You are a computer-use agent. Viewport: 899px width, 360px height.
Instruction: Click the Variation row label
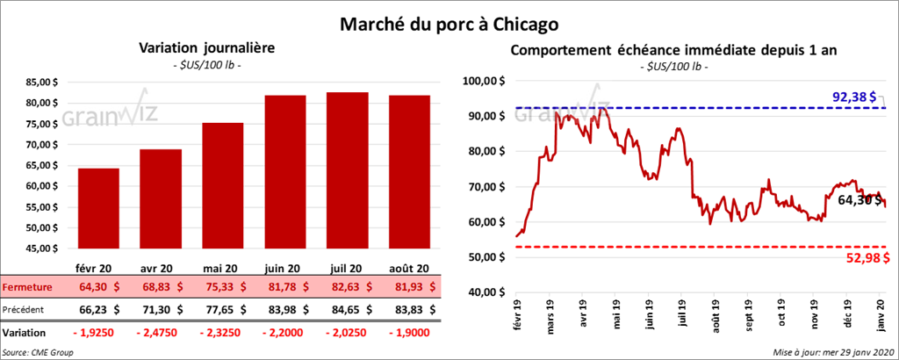pyautogui.click(x=25, y=334)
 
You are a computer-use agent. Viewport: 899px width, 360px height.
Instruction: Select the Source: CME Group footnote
pyautogui.click(x=37, y=352)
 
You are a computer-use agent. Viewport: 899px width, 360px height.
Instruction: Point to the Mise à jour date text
pyautogui.click(x=828, y=352)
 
